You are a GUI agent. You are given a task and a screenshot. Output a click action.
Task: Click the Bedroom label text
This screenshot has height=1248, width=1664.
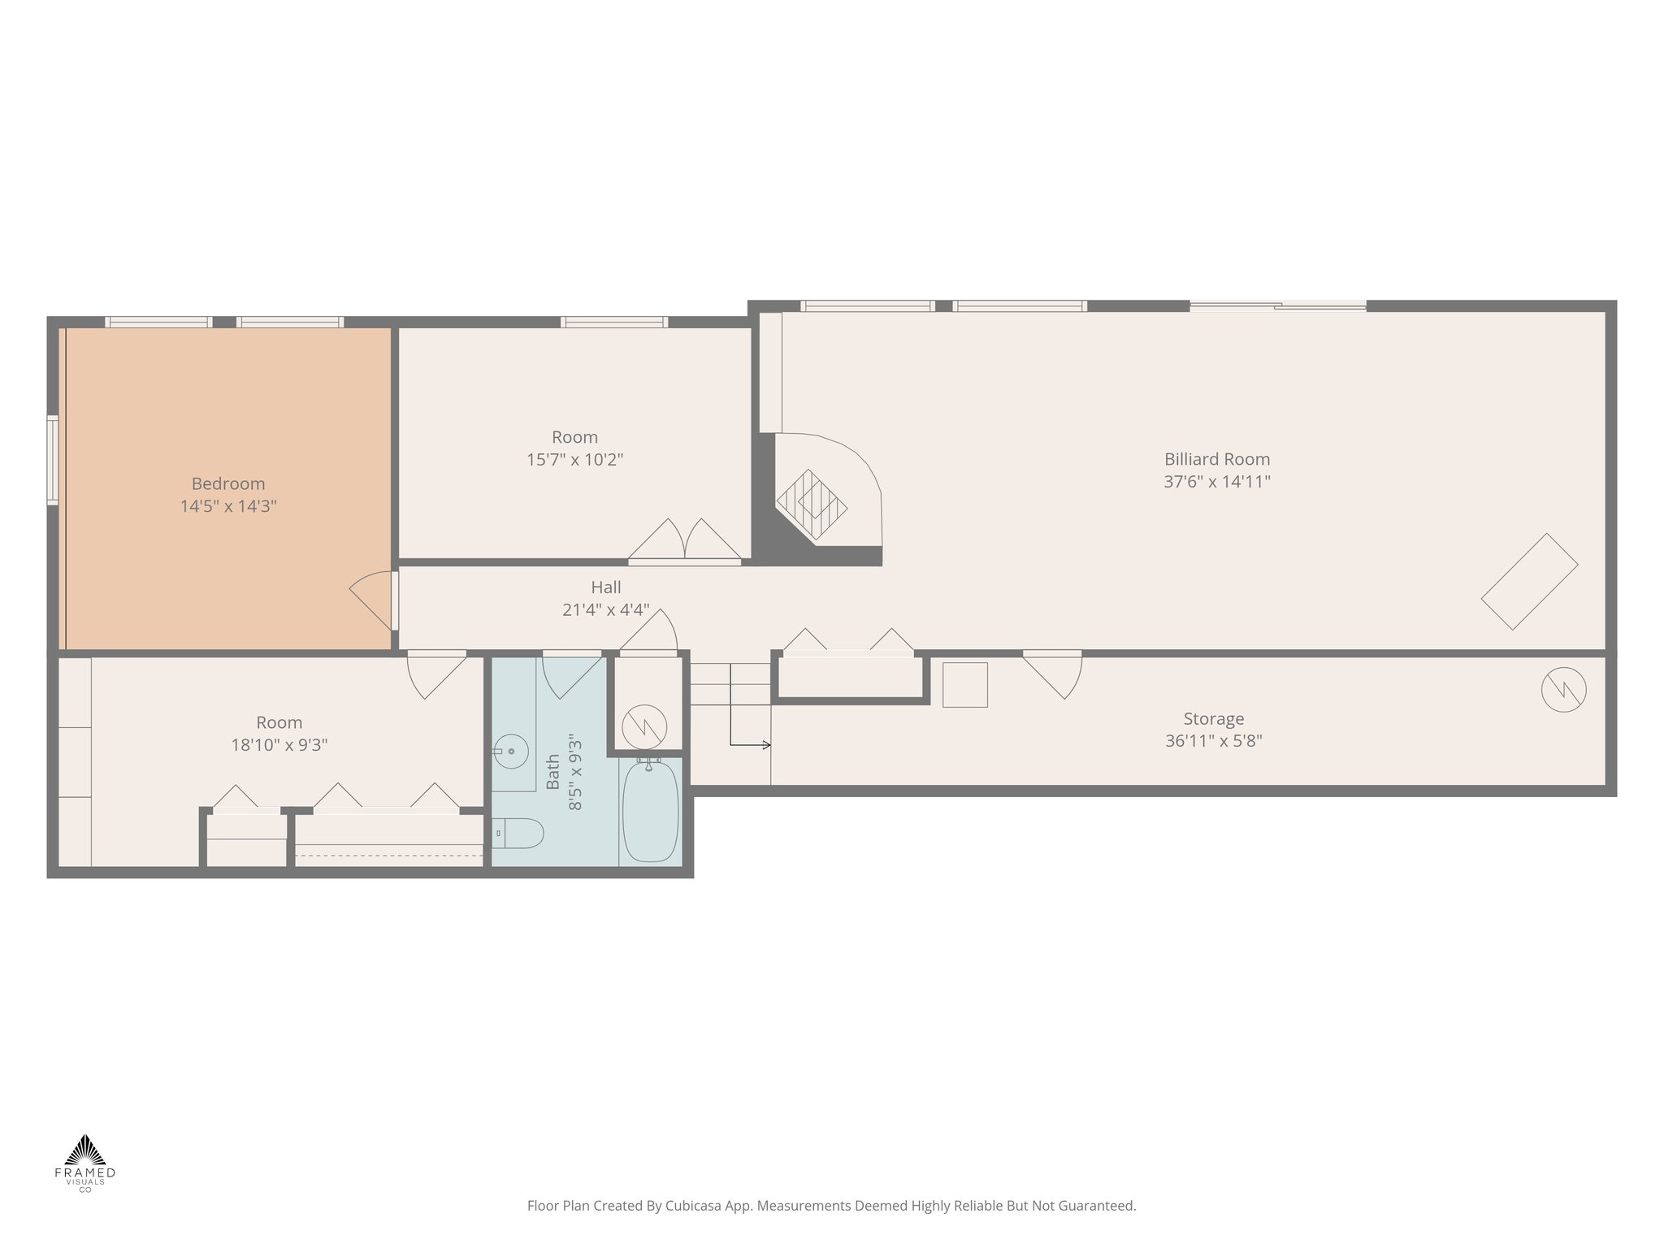click(228, 484)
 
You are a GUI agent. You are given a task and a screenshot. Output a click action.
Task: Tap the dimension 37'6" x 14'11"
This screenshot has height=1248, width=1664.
click(1216, 482)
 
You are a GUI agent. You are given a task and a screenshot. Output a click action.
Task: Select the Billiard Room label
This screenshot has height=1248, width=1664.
click(1216, 459)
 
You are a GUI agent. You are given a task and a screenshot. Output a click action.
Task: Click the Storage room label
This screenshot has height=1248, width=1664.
click(1213, 719)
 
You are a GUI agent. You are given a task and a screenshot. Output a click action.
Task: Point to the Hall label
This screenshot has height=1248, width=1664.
click(606, 587)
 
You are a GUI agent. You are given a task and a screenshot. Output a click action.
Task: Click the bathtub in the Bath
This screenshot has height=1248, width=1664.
click(650, 810)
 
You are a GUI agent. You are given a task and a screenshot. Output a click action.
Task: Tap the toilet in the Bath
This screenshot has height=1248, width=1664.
click(520, 833)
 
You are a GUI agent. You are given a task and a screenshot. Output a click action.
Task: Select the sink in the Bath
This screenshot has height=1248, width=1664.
click(511, 752)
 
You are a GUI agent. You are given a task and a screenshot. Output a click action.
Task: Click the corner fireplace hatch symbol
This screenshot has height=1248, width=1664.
click(812, 504)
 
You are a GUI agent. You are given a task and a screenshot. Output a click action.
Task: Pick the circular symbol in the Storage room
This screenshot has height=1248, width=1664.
click(1563, 691)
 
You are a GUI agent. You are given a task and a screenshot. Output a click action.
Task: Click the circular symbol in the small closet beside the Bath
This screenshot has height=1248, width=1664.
click(644, 726)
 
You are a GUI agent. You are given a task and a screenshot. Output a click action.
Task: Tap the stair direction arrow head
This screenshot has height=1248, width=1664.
click(766, 744)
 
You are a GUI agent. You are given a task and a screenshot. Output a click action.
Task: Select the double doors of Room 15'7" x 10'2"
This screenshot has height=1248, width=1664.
click(684, 540)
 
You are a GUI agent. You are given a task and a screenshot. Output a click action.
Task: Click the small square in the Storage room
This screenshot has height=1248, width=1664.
click(964, 685)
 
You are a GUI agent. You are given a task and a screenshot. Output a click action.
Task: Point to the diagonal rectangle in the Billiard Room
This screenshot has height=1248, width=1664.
click(1529, 582)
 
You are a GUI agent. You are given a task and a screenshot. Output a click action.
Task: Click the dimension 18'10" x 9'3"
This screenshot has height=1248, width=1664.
click(279, 745)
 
